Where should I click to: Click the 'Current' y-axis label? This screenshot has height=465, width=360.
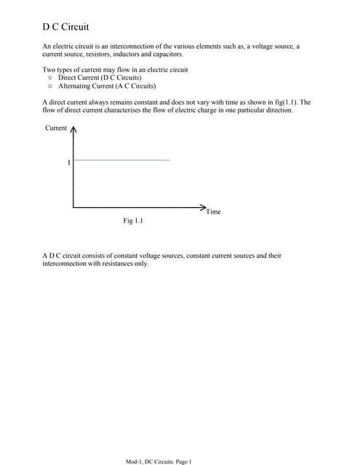point(56,129)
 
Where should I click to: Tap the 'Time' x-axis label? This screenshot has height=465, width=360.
point(213,211)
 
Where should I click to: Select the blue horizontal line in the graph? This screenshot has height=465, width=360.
point(121,160)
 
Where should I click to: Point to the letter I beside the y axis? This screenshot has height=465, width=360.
point(69,163)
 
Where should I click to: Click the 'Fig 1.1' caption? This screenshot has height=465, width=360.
point(133,220)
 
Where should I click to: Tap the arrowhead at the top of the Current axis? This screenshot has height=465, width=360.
point(73,130)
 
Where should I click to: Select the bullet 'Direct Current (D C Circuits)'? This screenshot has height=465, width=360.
point(100,77)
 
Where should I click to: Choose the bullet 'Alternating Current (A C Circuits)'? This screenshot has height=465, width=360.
point(107,85)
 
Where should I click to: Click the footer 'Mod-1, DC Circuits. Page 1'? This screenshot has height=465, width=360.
point(159,461)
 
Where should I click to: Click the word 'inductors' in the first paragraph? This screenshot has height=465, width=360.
point(128,54)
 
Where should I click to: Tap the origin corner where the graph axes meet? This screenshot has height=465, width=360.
point(73,207)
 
